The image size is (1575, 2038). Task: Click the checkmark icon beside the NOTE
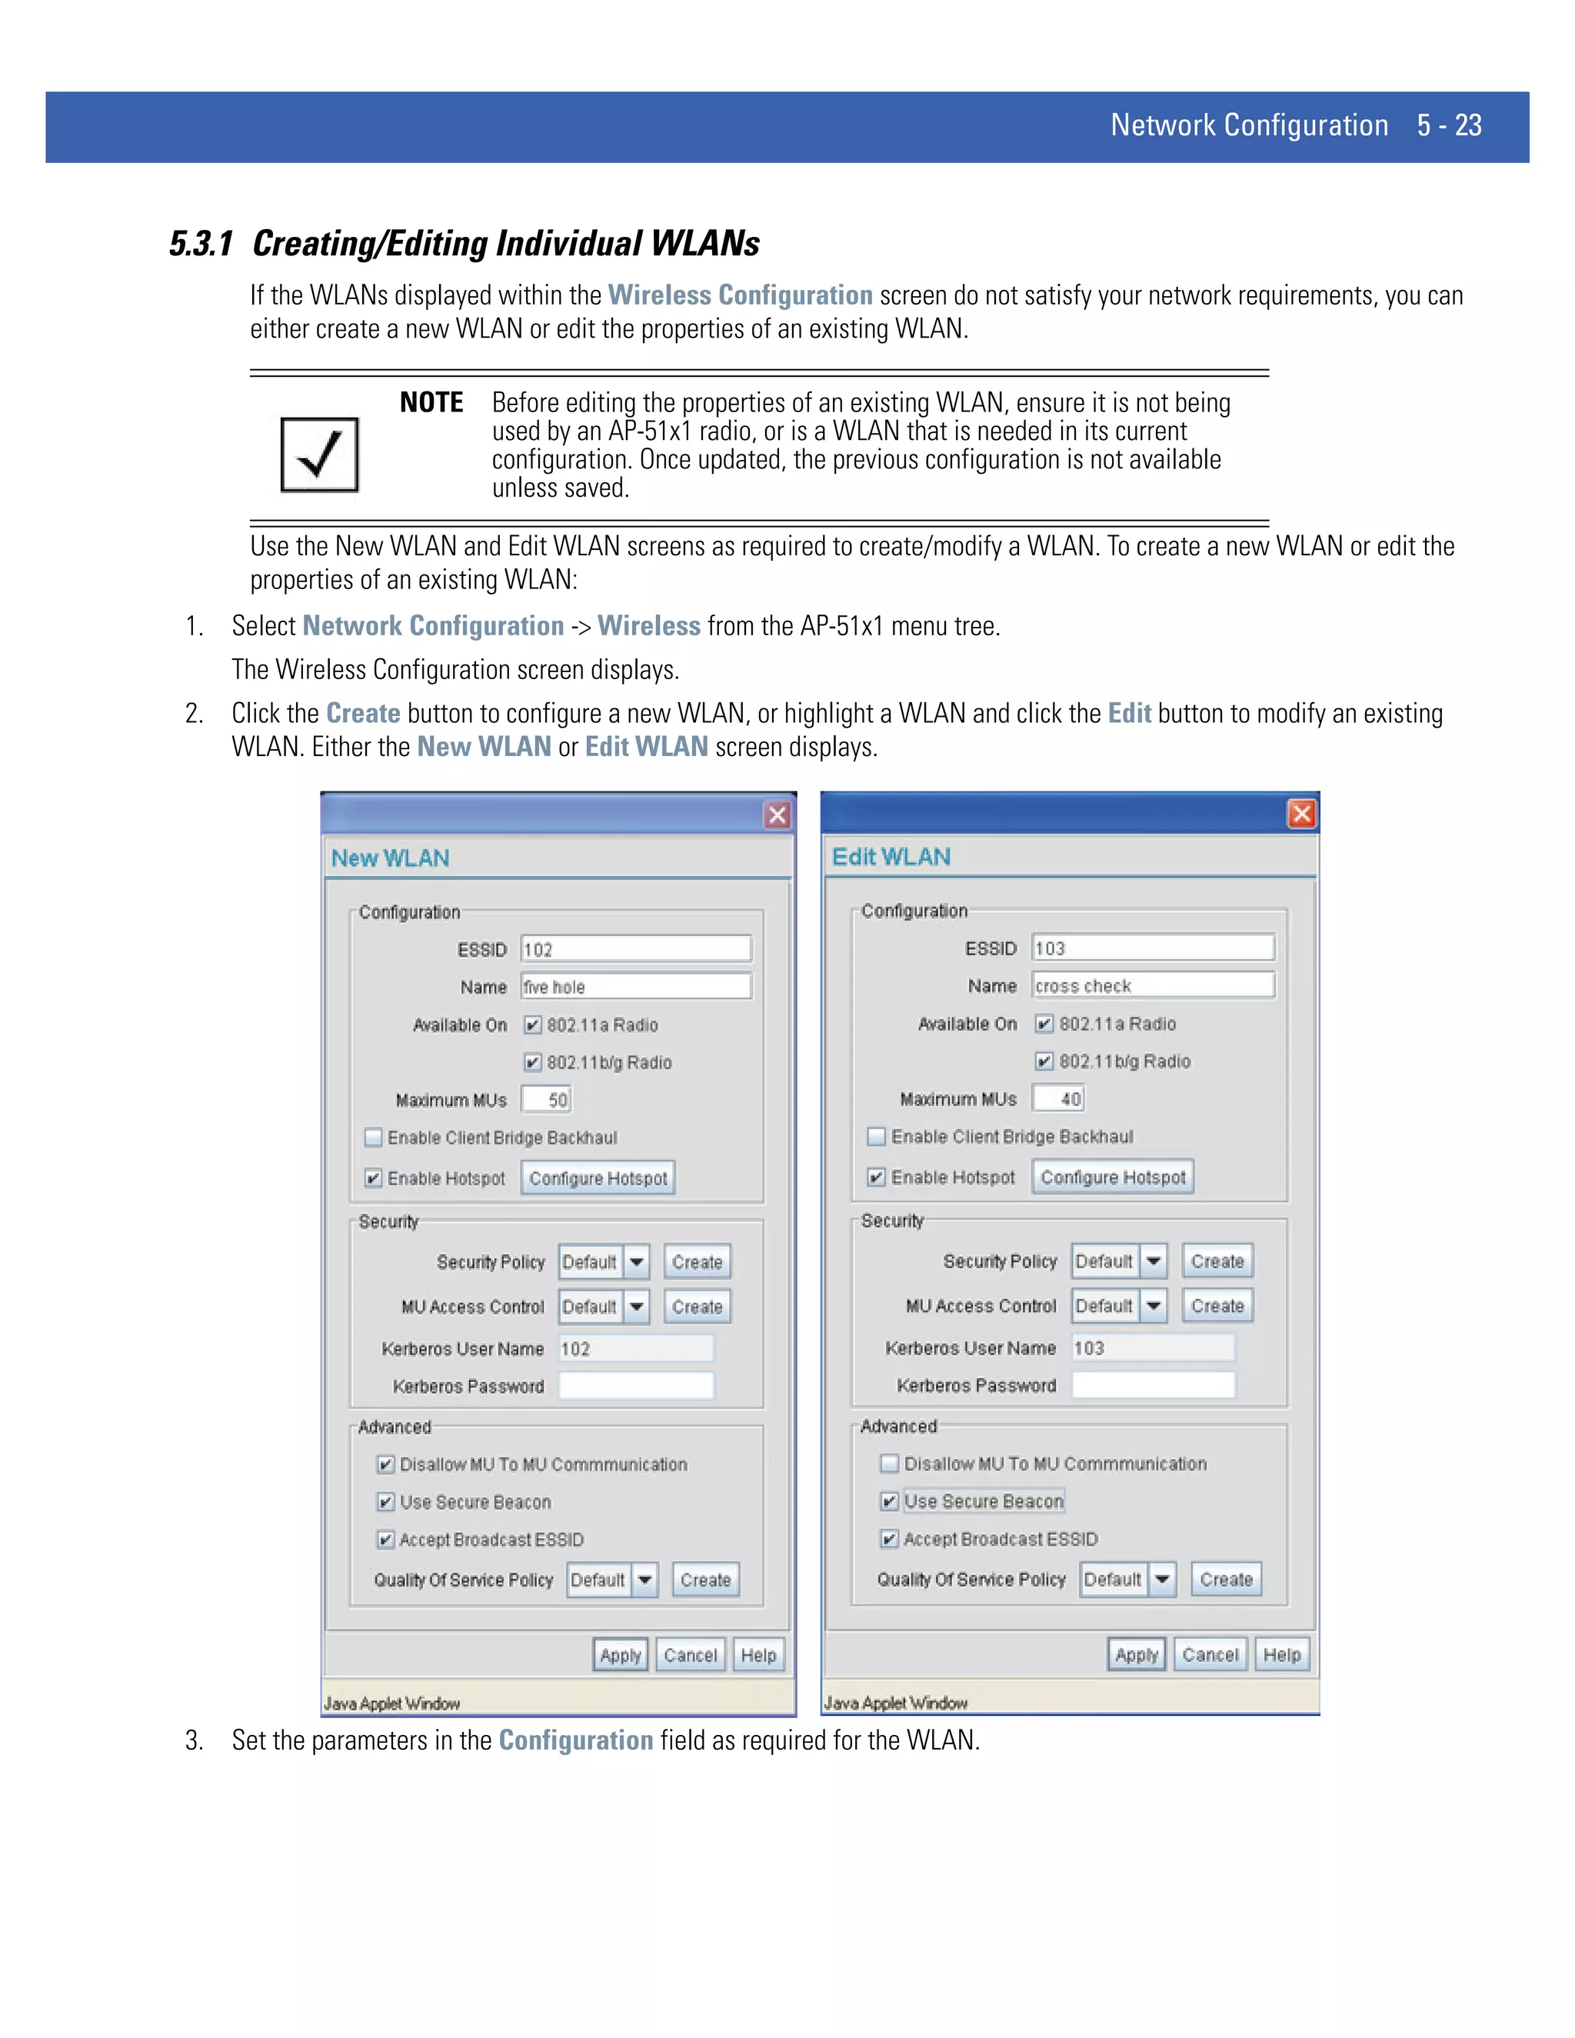(319, 455)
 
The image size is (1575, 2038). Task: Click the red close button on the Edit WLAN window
(1302, 814)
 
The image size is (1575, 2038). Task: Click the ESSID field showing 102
(636, 949)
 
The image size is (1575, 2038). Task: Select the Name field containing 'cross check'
(1152, 985)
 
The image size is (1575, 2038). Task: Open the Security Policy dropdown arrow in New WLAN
(636, 1261)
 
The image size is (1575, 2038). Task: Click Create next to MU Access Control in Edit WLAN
(1217, 1306)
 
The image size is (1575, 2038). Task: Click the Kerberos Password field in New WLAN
(636, 1386)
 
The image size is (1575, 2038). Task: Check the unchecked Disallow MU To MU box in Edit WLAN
(889, 1464)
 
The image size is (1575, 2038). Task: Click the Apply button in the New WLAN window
(620, 1654)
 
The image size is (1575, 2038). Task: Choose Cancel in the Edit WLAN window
(1209, 1654)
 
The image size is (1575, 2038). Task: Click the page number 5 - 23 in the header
(1448, 125)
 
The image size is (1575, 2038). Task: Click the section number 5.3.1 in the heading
(201, 244)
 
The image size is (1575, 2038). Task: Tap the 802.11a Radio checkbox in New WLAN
(533, 1024)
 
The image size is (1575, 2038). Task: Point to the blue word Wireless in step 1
(648, 625)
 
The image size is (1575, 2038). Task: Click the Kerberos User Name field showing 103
(1152, 1347)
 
